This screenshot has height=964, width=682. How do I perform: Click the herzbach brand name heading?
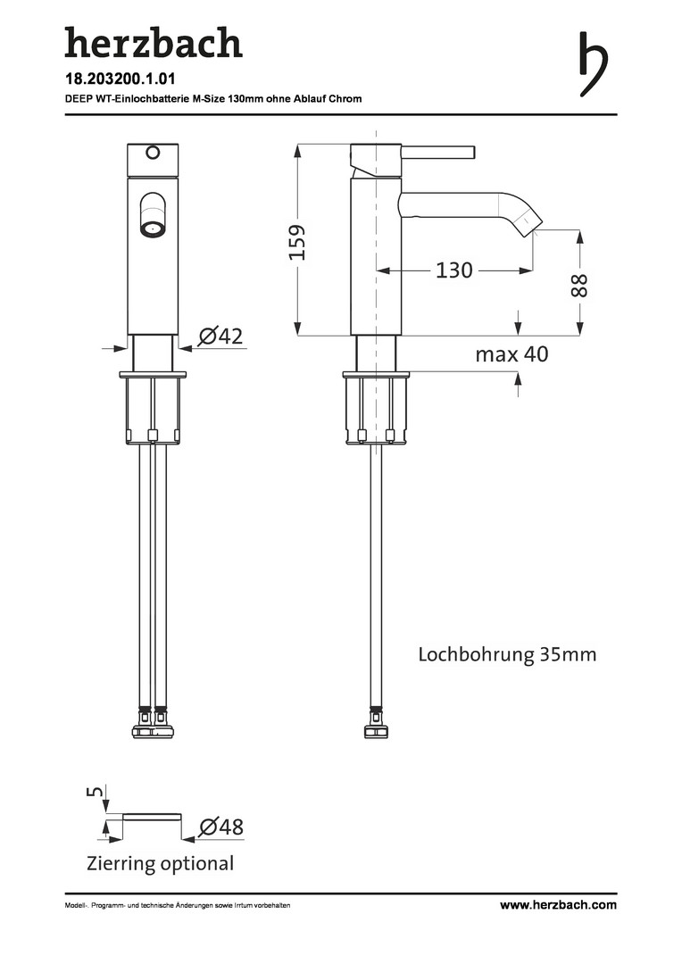154,43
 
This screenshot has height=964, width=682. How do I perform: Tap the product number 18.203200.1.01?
121,79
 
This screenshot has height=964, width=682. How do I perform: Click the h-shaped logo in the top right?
593,64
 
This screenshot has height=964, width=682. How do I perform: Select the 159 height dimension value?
297,242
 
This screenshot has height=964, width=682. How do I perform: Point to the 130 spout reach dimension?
453,270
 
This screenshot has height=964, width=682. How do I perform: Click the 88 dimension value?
579,286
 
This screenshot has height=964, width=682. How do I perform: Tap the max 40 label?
511,354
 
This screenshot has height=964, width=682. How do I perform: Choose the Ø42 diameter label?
220,337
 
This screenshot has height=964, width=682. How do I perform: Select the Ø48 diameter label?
221,827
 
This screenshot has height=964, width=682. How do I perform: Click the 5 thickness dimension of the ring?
96,791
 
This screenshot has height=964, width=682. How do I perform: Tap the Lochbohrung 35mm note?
507,653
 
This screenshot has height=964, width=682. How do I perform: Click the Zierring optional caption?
161,863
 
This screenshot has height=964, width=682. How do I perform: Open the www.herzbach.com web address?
558,904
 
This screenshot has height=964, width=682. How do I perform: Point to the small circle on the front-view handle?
153,152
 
